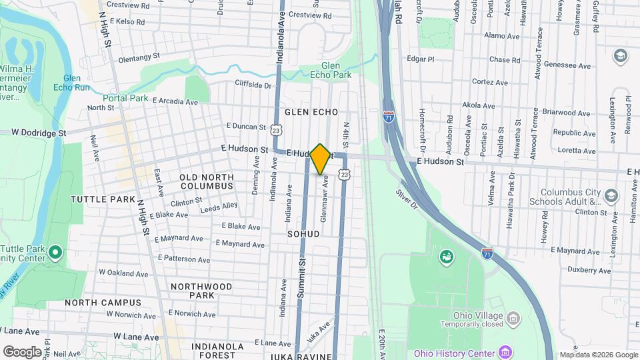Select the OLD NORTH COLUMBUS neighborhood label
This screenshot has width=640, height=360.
207,181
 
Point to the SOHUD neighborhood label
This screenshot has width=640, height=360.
303,234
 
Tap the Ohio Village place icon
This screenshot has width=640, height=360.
513,317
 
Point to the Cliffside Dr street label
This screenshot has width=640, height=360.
253,85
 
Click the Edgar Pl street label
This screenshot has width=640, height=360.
420,59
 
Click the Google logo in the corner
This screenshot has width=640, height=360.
22,351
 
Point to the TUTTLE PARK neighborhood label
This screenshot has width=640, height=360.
103,199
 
